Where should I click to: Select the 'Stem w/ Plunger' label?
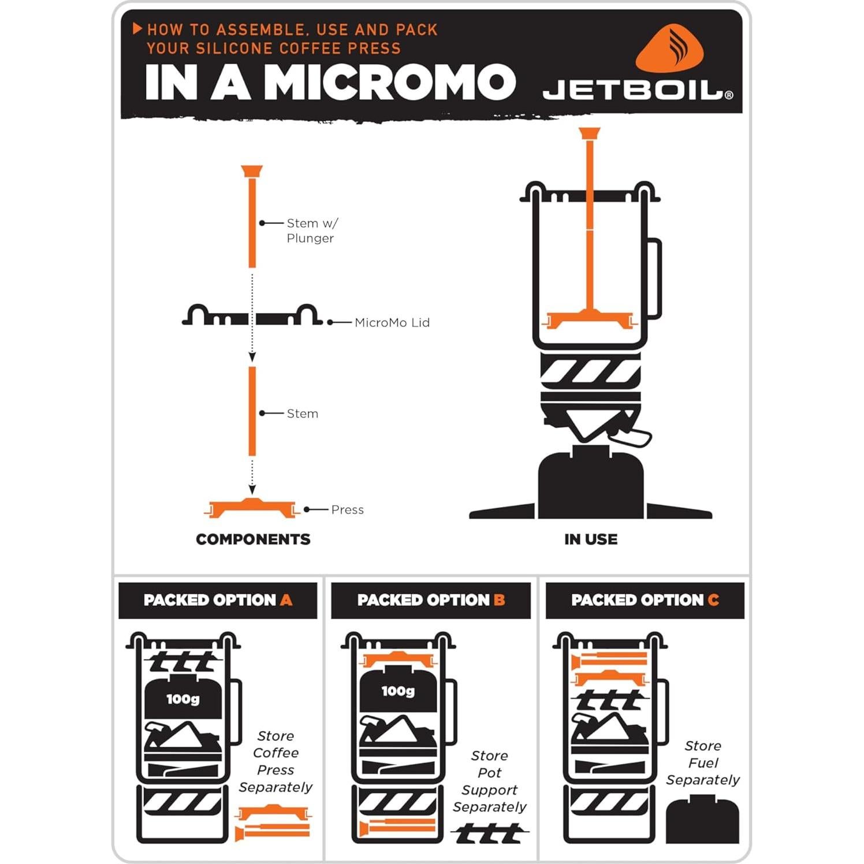coord(312,230)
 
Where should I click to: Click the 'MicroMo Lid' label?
coord(392,322)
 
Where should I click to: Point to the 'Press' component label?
coord(347,509)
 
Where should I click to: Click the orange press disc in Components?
coord(252,508)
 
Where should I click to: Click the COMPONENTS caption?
coord(253,539)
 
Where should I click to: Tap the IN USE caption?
coord(590,539)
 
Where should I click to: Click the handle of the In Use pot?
coord(653,277)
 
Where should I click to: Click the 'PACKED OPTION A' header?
coord(218,600)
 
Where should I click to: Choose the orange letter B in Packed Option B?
coord(499,600)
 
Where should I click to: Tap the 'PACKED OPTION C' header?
coord(645,600)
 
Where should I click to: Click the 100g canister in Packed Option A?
coord(183,699)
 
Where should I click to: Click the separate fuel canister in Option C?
coord(702,820)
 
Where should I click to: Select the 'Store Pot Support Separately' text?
coord(489,781)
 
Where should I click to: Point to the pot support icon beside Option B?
coord(489,833)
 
